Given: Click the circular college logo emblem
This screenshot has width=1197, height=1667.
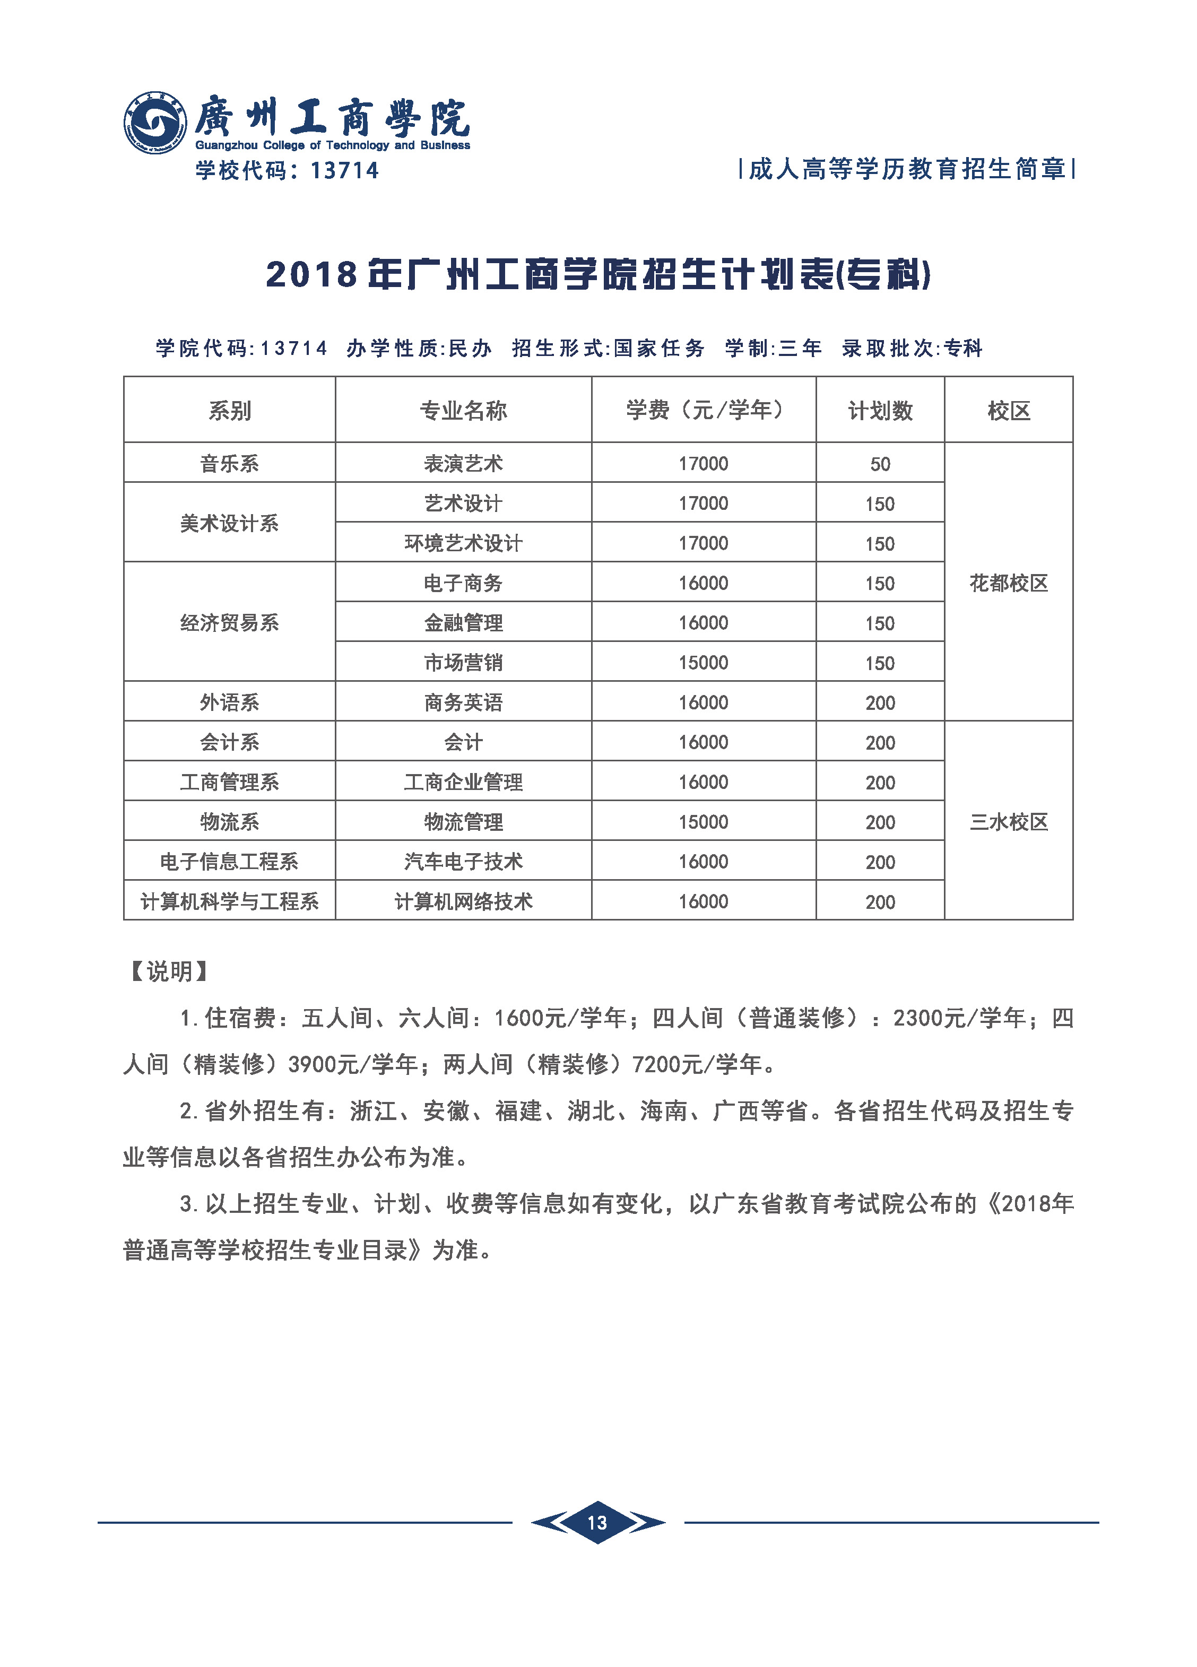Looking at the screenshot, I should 154,123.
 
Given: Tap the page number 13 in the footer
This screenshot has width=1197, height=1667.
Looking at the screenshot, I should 598,1522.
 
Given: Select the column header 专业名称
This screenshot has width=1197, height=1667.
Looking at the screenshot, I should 463,410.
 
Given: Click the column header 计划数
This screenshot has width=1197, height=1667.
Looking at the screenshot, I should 880,410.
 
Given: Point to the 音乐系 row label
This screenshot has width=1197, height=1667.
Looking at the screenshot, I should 229,464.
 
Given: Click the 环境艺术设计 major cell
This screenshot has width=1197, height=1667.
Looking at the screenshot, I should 463,544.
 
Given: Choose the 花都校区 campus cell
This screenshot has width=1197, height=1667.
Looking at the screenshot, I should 1009,584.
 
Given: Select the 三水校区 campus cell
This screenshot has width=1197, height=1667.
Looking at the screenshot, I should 1009,822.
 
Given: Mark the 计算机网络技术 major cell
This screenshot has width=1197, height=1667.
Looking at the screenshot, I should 463,902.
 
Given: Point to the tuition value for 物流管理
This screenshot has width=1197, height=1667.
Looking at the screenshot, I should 703,822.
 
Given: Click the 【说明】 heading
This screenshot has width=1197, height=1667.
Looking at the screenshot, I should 169,971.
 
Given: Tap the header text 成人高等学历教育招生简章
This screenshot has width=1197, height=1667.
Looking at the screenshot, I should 907,170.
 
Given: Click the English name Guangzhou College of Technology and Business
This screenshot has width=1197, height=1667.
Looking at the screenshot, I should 332,145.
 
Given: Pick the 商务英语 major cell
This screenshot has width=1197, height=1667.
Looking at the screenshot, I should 463,702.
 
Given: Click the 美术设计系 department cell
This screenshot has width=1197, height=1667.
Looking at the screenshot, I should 229,523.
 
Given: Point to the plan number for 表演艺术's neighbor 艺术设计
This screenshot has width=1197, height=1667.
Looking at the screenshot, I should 880,504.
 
